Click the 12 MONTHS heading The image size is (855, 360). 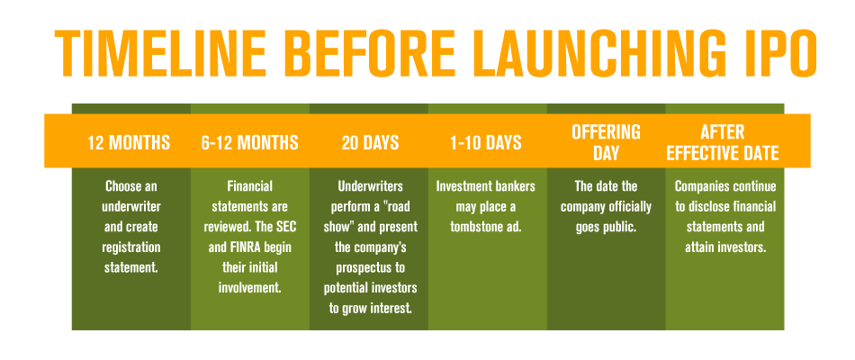click(129, 143)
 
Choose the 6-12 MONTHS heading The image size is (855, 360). click(249, 143)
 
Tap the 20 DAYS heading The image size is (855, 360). click(370, 143)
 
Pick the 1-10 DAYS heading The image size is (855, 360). click(486, 143)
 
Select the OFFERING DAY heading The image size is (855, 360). click(606, 143)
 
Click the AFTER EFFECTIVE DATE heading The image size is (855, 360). click(723, 143)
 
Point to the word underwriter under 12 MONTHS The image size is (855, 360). click(131, 207)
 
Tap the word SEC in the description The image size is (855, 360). click(285, 227)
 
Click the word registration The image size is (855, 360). click(131, 247)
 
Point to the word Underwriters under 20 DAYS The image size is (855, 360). click(370, 186)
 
